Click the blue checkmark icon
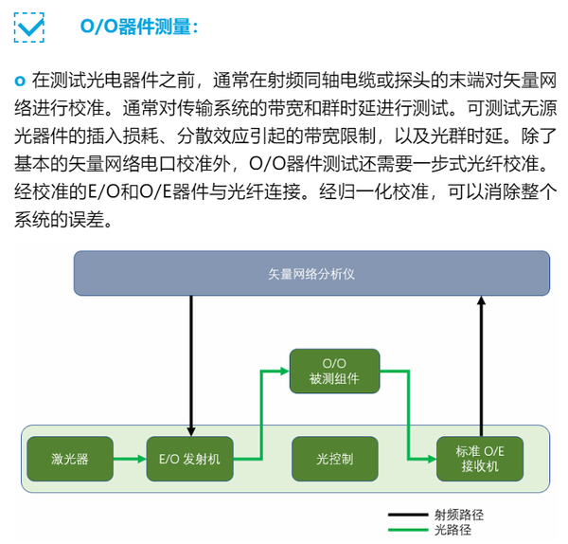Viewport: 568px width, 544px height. [29, 27]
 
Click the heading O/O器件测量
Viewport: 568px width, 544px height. [139, 27]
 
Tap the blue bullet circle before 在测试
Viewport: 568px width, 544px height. [20, 81]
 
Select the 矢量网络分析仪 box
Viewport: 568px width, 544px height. [311, 273]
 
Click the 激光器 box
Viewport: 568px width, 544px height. [70, 459]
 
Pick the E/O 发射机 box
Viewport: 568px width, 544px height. [189, 459]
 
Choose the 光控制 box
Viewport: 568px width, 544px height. [335, 459]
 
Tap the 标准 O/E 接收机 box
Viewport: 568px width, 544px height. [480, 459]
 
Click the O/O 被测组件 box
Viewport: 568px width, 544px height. [334, 371]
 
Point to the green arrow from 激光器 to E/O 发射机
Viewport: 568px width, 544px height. [130, 459]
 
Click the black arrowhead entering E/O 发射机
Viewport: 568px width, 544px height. [191, 431]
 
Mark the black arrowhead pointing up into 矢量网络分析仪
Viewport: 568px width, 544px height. [481, 300]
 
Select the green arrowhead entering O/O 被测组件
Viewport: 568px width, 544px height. [285, 371]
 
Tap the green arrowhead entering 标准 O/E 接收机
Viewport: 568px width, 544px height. [432, 459]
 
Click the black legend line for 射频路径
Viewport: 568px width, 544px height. [408, 515]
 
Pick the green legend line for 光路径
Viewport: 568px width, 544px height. [408, 530]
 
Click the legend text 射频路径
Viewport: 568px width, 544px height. [459, 515]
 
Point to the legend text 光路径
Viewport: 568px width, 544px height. [453, 530]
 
